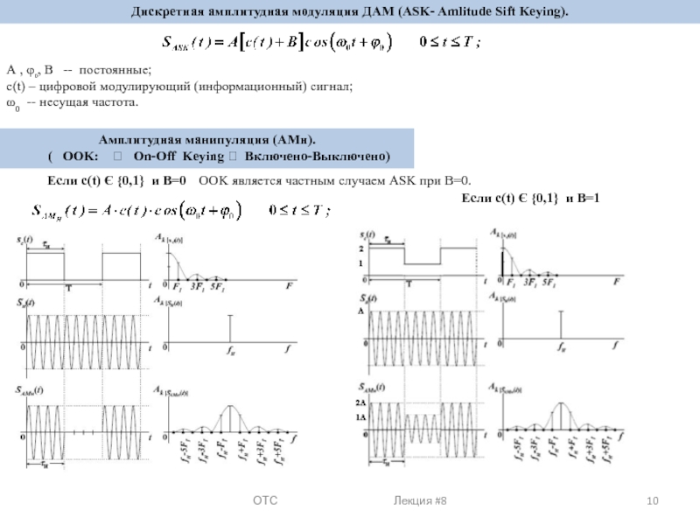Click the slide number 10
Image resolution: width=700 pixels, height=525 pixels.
point(652,500)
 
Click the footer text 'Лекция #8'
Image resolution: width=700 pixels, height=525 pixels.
point(423,500)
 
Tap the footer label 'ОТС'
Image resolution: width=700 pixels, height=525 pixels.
point(265,500)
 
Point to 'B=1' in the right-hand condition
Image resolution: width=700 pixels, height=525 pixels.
point(584,199)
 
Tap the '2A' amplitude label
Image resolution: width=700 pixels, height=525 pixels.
point(360,404)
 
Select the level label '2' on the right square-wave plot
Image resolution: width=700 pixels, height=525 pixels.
point(360,249)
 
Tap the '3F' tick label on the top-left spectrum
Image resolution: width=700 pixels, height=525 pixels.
point(197,285)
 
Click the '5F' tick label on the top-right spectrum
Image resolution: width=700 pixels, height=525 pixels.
point(552,284)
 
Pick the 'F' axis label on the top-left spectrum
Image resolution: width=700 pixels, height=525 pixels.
point(290,285)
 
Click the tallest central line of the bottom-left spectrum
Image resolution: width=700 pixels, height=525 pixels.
point(230,418)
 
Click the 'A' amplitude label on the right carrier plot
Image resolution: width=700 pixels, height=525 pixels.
point(359,311)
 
